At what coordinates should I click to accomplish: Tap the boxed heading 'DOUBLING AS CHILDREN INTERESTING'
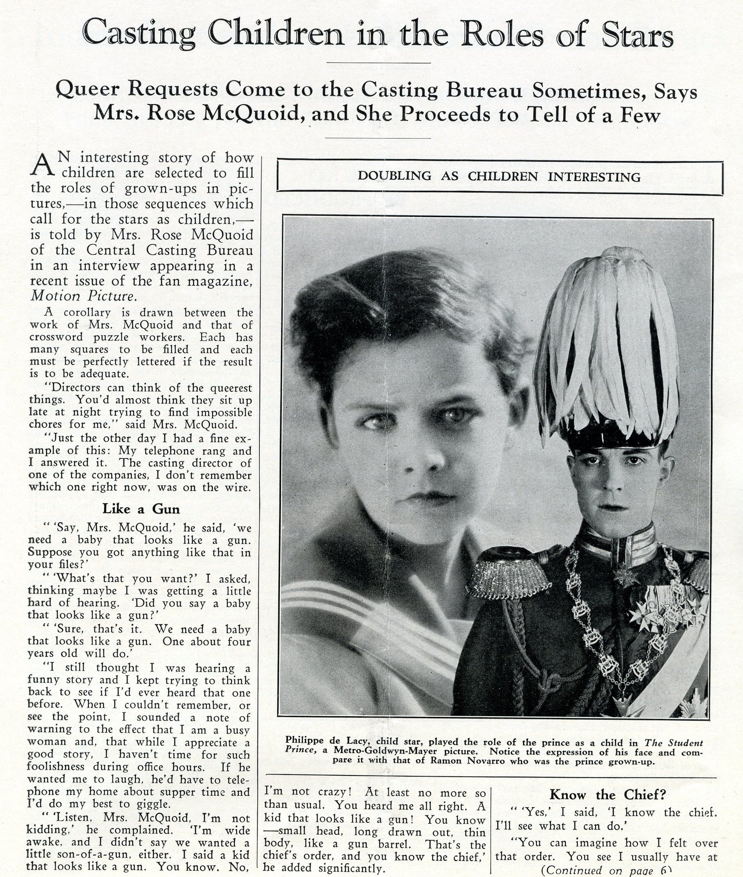499,176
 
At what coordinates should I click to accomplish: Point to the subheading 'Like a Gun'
141,509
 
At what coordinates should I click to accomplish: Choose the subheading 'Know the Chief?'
607,795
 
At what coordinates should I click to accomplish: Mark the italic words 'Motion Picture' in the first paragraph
83,296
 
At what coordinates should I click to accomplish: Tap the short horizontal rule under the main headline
378,63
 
